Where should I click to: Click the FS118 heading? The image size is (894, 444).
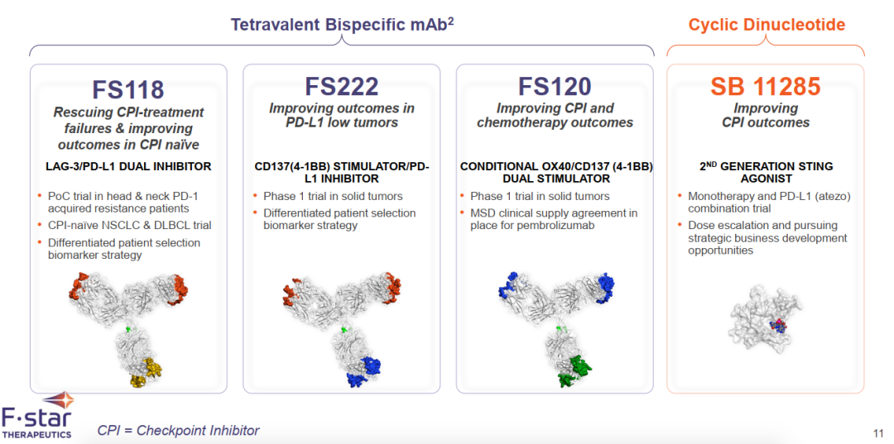[128, 90]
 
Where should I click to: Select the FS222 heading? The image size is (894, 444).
[342, 87]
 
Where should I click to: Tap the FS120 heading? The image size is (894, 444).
[555, 87]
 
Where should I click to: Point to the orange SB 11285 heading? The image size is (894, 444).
[765, 87]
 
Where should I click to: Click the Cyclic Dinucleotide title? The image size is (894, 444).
[767, 25]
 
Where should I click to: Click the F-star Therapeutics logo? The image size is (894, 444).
[37, 416]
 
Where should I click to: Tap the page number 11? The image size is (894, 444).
[878, 431]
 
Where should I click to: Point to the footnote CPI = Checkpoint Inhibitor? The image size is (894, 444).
[179, 430]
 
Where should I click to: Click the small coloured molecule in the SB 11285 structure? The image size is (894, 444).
[778, 326]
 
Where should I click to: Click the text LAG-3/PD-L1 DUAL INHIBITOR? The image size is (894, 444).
[128, 167]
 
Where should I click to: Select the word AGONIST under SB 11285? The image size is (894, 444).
[766, 178]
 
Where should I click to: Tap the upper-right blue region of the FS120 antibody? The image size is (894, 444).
[605, 288]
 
